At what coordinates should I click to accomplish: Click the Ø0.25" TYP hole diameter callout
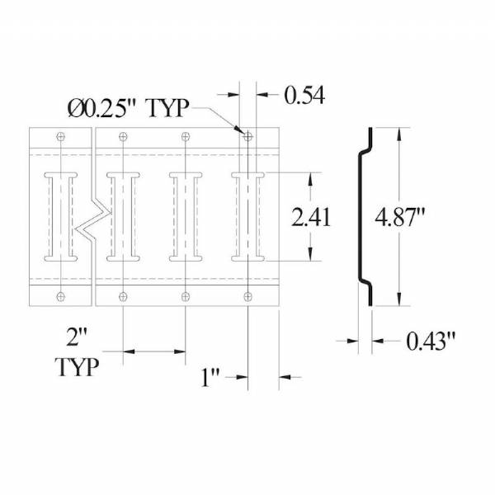[x=129, y=107]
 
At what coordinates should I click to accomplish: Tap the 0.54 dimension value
[x=304, y=96]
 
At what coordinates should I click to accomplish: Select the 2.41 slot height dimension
[x=312, y=217]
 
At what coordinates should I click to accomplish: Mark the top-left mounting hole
[x=60, y=136]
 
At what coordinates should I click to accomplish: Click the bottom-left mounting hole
[x=60, y=296]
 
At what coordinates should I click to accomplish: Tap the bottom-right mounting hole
[x=247, y=296]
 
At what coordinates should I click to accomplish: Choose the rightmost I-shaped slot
[x=247, y=217]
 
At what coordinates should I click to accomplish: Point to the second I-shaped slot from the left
[x=123, y=217]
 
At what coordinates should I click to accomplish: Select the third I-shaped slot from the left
[x=185, y=217]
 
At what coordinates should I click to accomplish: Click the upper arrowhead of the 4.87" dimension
[x=401, y=133]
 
